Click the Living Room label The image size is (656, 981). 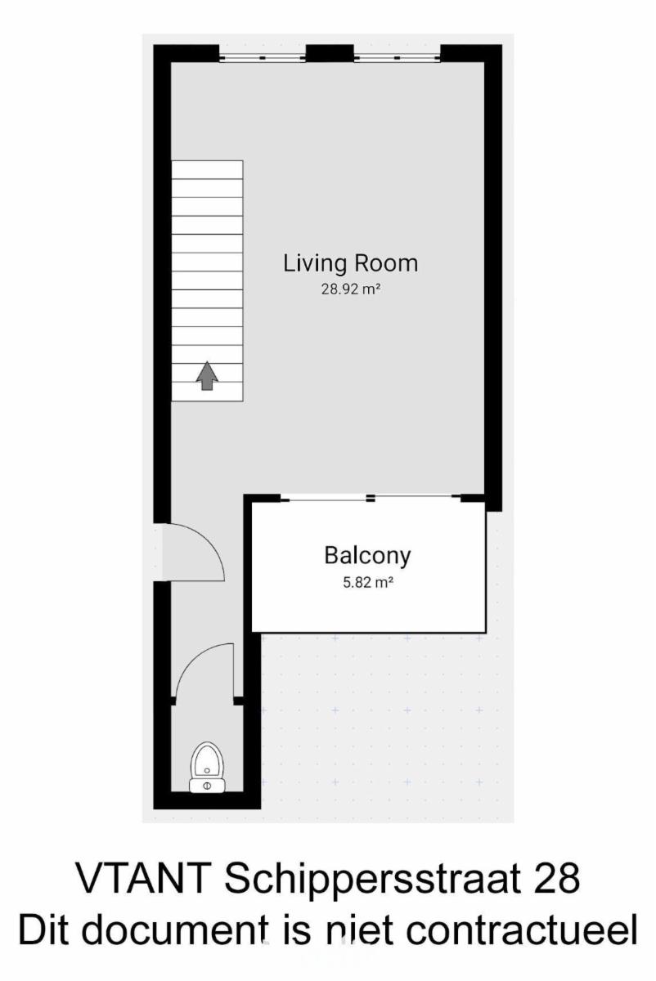click(351, 263)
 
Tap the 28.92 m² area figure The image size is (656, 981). click(351, 289)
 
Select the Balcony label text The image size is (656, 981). click(367, 556)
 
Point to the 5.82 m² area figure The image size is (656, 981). click(367, 582)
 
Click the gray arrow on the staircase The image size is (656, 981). click(207, 375)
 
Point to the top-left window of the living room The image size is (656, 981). click(262, 57)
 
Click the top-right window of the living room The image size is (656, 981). click(397, 57)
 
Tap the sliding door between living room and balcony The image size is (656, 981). click(371, 498)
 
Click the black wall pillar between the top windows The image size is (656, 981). click(330, 53)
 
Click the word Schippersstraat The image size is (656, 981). click(372, 880)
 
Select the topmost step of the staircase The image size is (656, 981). click(207, 170)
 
